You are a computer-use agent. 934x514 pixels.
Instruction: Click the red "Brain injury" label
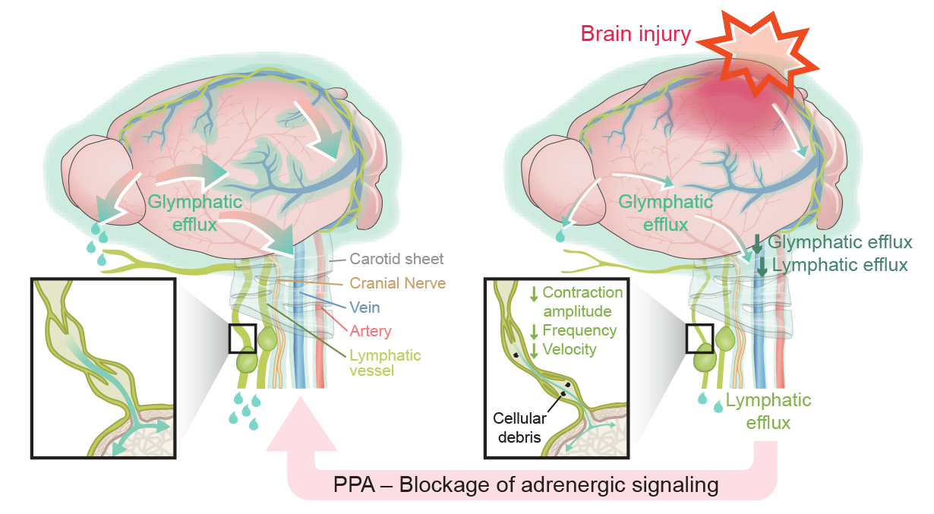coord(636,33)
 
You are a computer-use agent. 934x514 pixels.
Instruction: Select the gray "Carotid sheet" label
coord(396,259)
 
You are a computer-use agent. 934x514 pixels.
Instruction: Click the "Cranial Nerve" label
coord(397,283)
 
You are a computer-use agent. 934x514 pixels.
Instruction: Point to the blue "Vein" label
coord(365,307)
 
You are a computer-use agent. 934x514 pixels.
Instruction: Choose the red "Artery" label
coord(371,331)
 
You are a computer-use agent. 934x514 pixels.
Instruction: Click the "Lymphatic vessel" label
coord(384,363)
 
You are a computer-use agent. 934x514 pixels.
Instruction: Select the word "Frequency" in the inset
coord(579,330)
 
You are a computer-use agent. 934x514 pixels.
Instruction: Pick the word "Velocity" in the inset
coord(570,349)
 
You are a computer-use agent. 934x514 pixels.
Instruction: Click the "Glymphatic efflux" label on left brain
coord(195,213)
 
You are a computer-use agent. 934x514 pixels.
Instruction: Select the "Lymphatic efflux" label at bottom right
coord(768,411)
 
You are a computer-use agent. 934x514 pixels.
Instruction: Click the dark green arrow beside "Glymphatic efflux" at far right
coord(758,244)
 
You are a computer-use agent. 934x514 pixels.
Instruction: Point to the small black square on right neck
coord(699,339)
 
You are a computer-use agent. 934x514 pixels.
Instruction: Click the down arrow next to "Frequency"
coord(534,331)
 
